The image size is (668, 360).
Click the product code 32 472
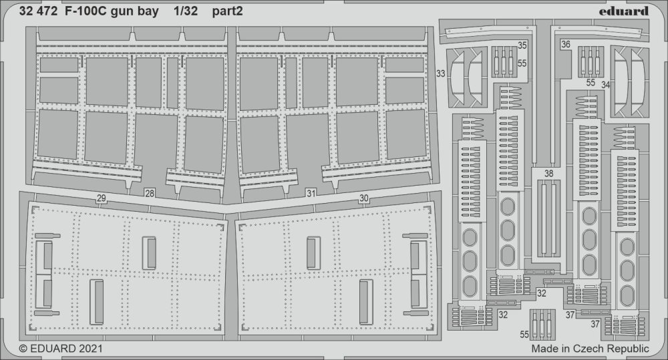click(x=38, y=11)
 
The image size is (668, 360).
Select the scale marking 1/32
click(x=186, y=11)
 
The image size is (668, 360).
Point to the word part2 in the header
click(x=228, y=12)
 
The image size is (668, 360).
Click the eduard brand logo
click(x=624, y=11)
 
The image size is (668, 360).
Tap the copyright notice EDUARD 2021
click(x=61, y=348)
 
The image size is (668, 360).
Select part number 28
click(x=149, y=194)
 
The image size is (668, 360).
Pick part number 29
click(x=101, y=198)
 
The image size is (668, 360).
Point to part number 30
click(x=364, y=198)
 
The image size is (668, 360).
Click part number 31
click(x=311, y=194)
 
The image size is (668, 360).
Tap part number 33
click(x=440, y=73)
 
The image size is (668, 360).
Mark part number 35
click(x=522, y=45)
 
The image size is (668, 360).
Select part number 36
click(x=566, y=44)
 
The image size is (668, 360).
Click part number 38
click(x=548, y=174)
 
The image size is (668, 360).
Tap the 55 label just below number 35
click(x=522, y=63)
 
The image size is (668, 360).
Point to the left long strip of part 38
click(x=543, y=217)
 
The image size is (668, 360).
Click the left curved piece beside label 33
click(x=458, y=77)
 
